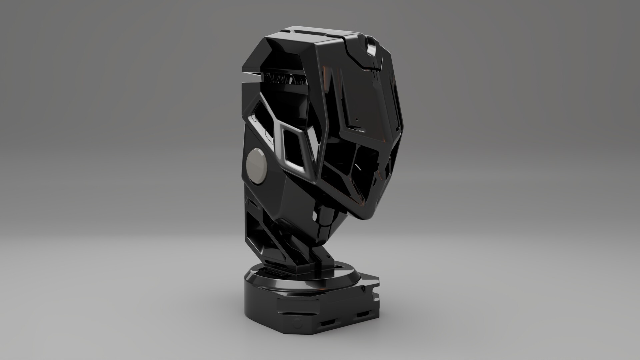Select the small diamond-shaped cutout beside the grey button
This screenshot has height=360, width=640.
pos(294,149)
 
